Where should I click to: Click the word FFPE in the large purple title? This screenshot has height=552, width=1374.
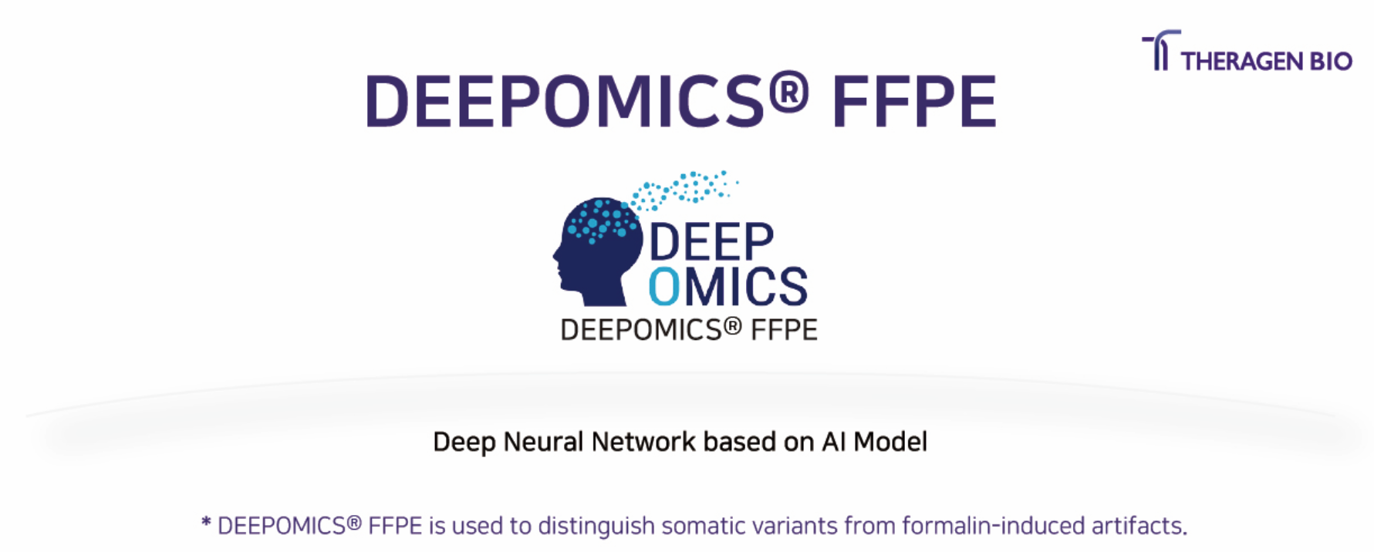(x=914, y=101)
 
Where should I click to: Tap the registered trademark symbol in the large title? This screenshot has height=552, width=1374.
(x=788, y=91)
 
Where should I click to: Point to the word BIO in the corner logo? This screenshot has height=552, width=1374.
(x=1328, y=61)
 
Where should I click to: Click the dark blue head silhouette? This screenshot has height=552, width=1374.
(x=599, y=251)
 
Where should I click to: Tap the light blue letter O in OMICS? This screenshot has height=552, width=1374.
(x=664, y=286)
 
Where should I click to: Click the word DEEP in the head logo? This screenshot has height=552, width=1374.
(x=711, y=242)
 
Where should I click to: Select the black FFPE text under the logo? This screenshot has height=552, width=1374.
(x=784, y=330)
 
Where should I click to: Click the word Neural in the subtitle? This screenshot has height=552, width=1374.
(x=543, y=442)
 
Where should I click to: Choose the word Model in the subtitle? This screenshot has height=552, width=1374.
(x=890, y=442)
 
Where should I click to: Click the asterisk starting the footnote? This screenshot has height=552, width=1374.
(x=206, y=523)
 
